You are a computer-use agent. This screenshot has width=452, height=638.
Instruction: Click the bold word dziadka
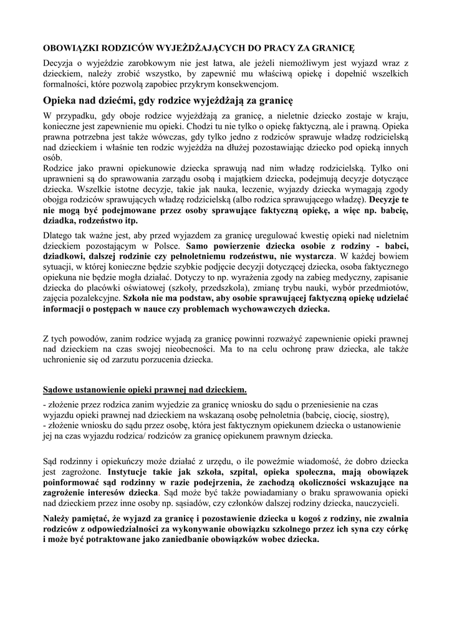pyautogui.click(x=61, y=221)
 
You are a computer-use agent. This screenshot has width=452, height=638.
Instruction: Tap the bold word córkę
pyautogui.click(x=394, y=528)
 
